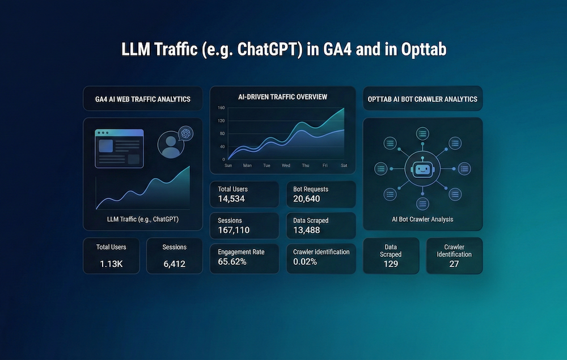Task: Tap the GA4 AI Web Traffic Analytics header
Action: point(143,99)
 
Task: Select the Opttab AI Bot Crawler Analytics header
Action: point(422,99)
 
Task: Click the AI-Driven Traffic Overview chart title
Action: point(282,97)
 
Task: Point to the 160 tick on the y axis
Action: point(221,108)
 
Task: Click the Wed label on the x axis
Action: point(286,166)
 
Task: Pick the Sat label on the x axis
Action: point(344,166)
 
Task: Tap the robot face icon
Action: point(422,168)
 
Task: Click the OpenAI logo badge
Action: point(185,133)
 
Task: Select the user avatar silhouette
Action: point(171,145)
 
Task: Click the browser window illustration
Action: point(119,148)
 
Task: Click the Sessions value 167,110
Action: point(234,230)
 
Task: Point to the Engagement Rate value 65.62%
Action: point(232,262)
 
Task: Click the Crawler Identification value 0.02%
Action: point(305,262)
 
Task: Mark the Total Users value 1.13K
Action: point(111,264)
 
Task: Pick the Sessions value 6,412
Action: point(174,264)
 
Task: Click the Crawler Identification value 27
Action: point(454,264)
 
